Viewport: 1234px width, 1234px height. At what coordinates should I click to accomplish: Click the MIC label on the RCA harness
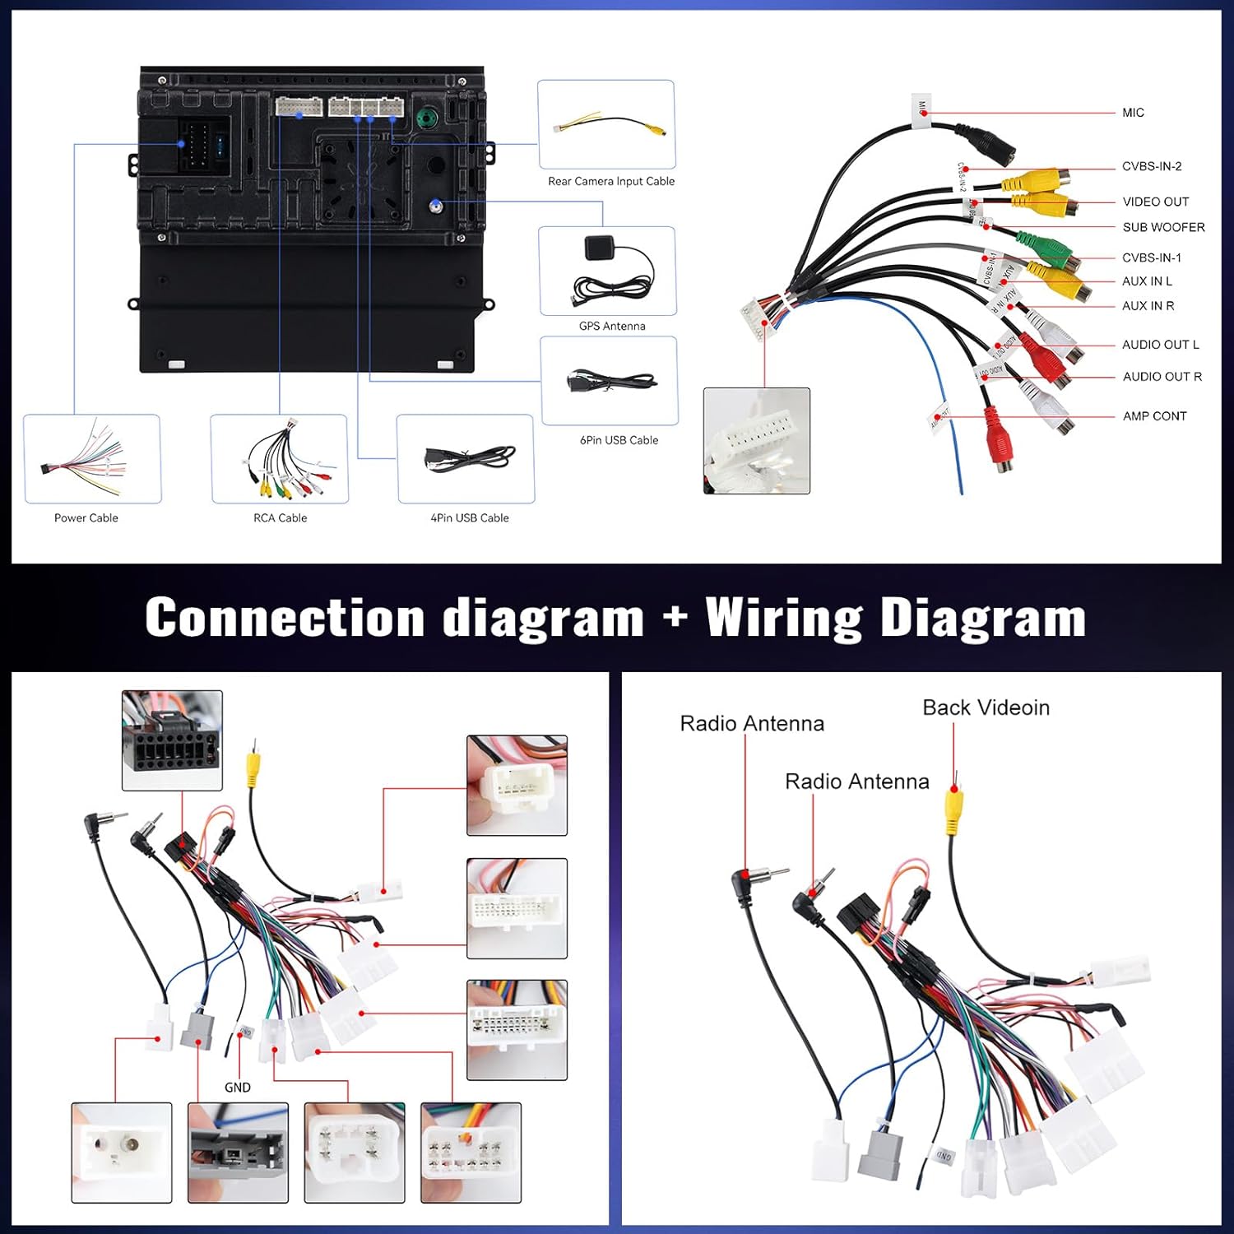1133,113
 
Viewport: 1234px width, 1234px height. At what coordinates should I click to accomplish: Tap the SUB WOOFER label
1163,227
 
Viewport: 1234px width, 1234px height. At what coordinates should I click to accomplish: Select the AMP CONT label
1154,416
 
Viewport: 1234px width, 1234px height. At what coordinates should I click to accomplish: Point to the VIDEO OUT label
1155,202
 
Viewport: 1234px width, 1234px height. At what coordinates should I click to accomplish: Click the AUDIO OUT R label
1162,377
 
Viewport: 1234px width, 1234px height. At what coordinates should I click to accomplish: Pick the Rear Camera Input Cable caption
611,181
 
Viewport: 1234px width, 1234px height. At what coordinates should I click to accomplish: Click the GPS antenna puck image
597,248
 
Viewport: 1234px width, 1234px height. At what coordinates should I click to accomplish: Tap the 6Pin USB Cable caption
619,440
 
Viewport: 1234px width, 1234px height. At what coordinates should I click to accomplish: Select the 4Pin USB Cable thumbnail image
466,459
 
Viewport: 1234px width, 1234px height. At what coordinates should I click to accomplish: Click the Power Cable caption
86,517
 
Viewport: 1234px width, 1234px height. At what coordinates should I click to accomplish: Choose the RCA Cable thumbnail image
280,459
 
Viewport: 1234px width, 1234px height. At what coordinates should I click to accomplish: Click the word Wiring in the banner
784,617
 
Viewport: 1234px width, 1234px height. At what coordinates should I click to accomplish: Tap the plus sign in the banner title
675,617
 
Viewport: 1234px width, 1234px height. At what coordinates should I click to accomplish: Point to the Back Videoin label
986,707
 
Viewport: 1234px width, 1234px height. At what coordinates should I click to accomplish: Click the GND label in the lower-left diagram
238,1088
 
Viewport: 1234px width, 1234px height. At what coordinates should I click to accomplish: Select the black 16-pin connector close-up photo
172,740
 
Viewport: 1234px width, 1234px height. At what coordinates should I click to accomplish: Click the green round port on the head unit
426,117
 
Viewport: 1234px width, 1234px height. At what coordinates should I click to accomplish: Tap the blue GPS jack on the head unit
436,206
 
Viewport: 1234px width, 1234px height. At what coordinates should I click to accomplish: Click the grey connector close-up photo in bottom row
238,1153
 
